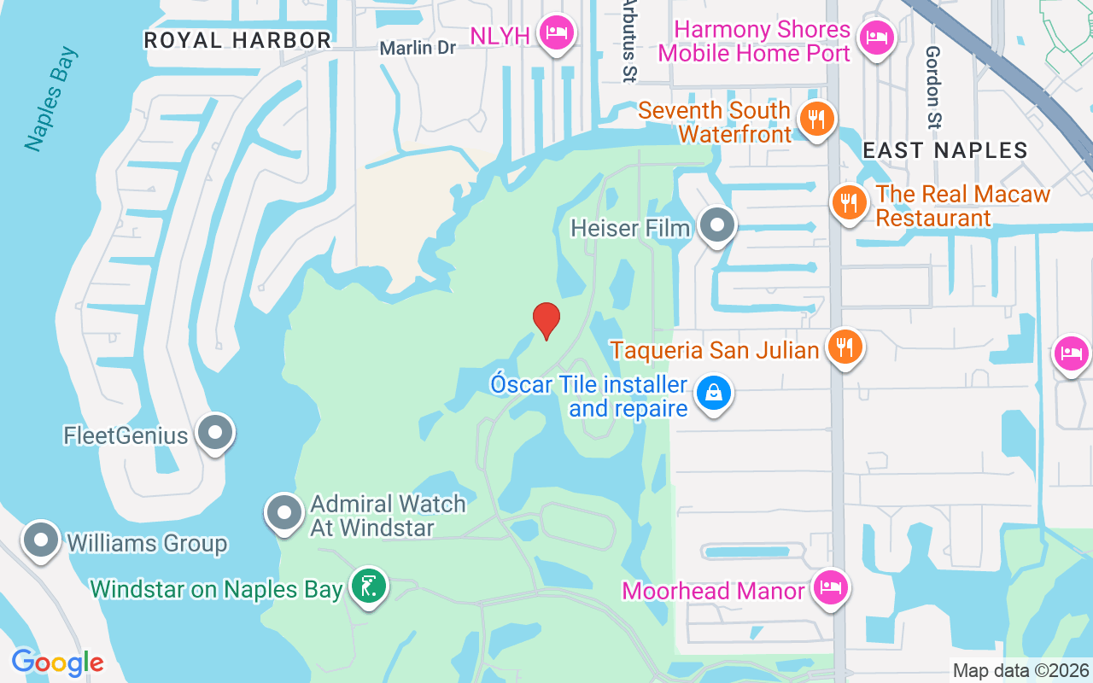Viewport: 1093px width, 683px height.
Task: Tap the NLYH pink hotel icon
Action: click(557, 34)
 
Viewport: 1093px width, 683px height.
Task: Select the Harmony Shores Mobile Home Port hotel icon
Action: click(876, 38)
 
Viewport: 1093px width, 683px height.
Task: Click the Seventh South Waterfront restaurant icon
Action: click(817, 120)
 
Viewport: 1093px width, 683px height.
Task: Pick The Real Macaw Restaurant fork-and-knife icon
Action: click(848, 203)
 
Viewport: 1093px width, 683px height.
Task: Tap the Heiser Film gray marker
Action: click(717, 226)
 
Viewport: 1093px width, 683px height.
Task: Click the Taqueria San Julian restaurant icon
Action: click(845, 347)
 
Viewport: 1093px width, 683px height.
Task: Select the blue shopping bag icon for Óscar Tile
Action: click(714, 394)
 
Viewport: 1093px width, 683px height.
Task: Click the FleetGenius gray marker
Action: click(215, 433)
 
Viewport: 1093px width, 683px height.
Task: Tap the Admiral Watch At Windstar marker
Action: click(284, 513)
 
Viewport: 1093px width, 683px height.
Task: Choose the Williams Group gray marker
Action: click(40, 540)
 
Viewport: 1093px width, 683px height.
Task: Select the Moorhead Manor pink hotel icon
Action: click(829, 588)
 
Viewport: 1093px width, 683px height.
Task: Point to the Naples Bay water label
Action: click(51, 99)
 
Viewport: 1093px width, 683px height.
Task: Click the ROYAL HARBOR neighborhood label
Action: click(237, 40)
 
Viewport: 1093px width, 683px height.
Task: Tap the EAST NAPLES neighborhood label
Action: click(944, 150)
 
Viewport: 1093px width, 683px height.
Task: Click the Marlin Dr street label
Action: click(418, 48)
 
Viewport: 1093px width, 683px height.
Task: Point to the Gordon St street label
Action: click(932, 85)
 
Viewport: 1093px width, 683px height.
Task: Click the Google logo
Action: click(57, 663)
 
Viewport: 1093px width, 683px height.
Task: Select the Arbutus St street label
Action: click(629, 43)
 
